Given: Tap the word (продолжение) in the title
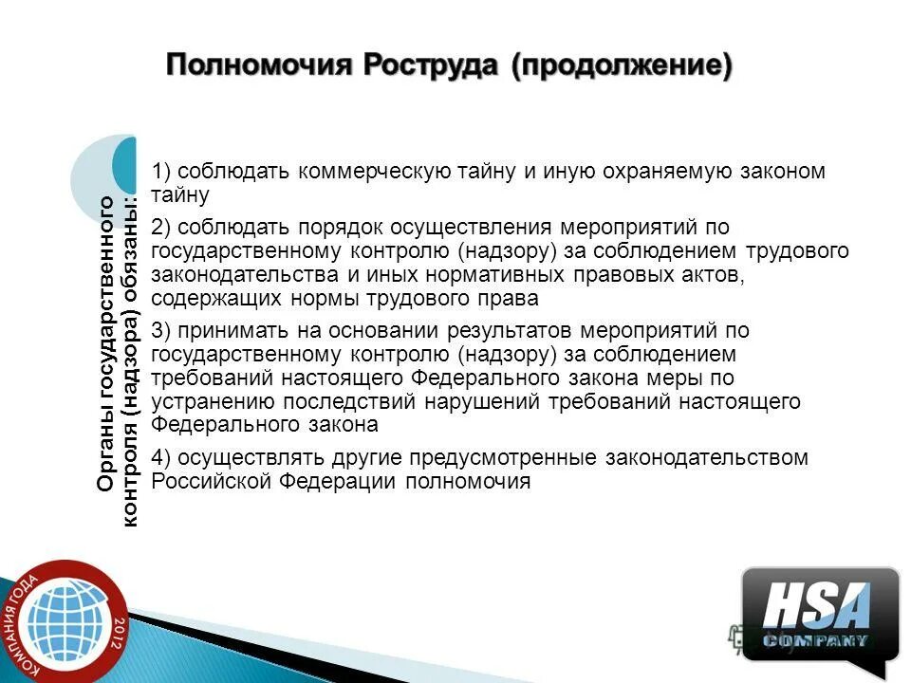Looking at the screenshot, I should pyautogui.click(x=623, y=66).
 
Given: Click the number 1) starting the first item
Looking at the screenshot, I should pyautogui.click(x=160, y=172).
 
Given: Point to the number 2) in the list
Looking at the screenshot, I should pyautogui.click(x=160, y=228).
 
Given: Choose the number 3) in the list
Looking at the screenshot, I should pyautogui.click(x=160, y=331).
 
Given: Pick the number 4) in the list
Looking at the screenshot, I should pyautogui.click(x=160, y=458).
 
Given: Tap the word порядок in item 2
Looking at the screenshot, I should pyautogui.click(x=329, y=228).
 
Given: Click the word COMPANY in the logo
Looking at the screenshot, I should pyautogui.click(x=816, y=641).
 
